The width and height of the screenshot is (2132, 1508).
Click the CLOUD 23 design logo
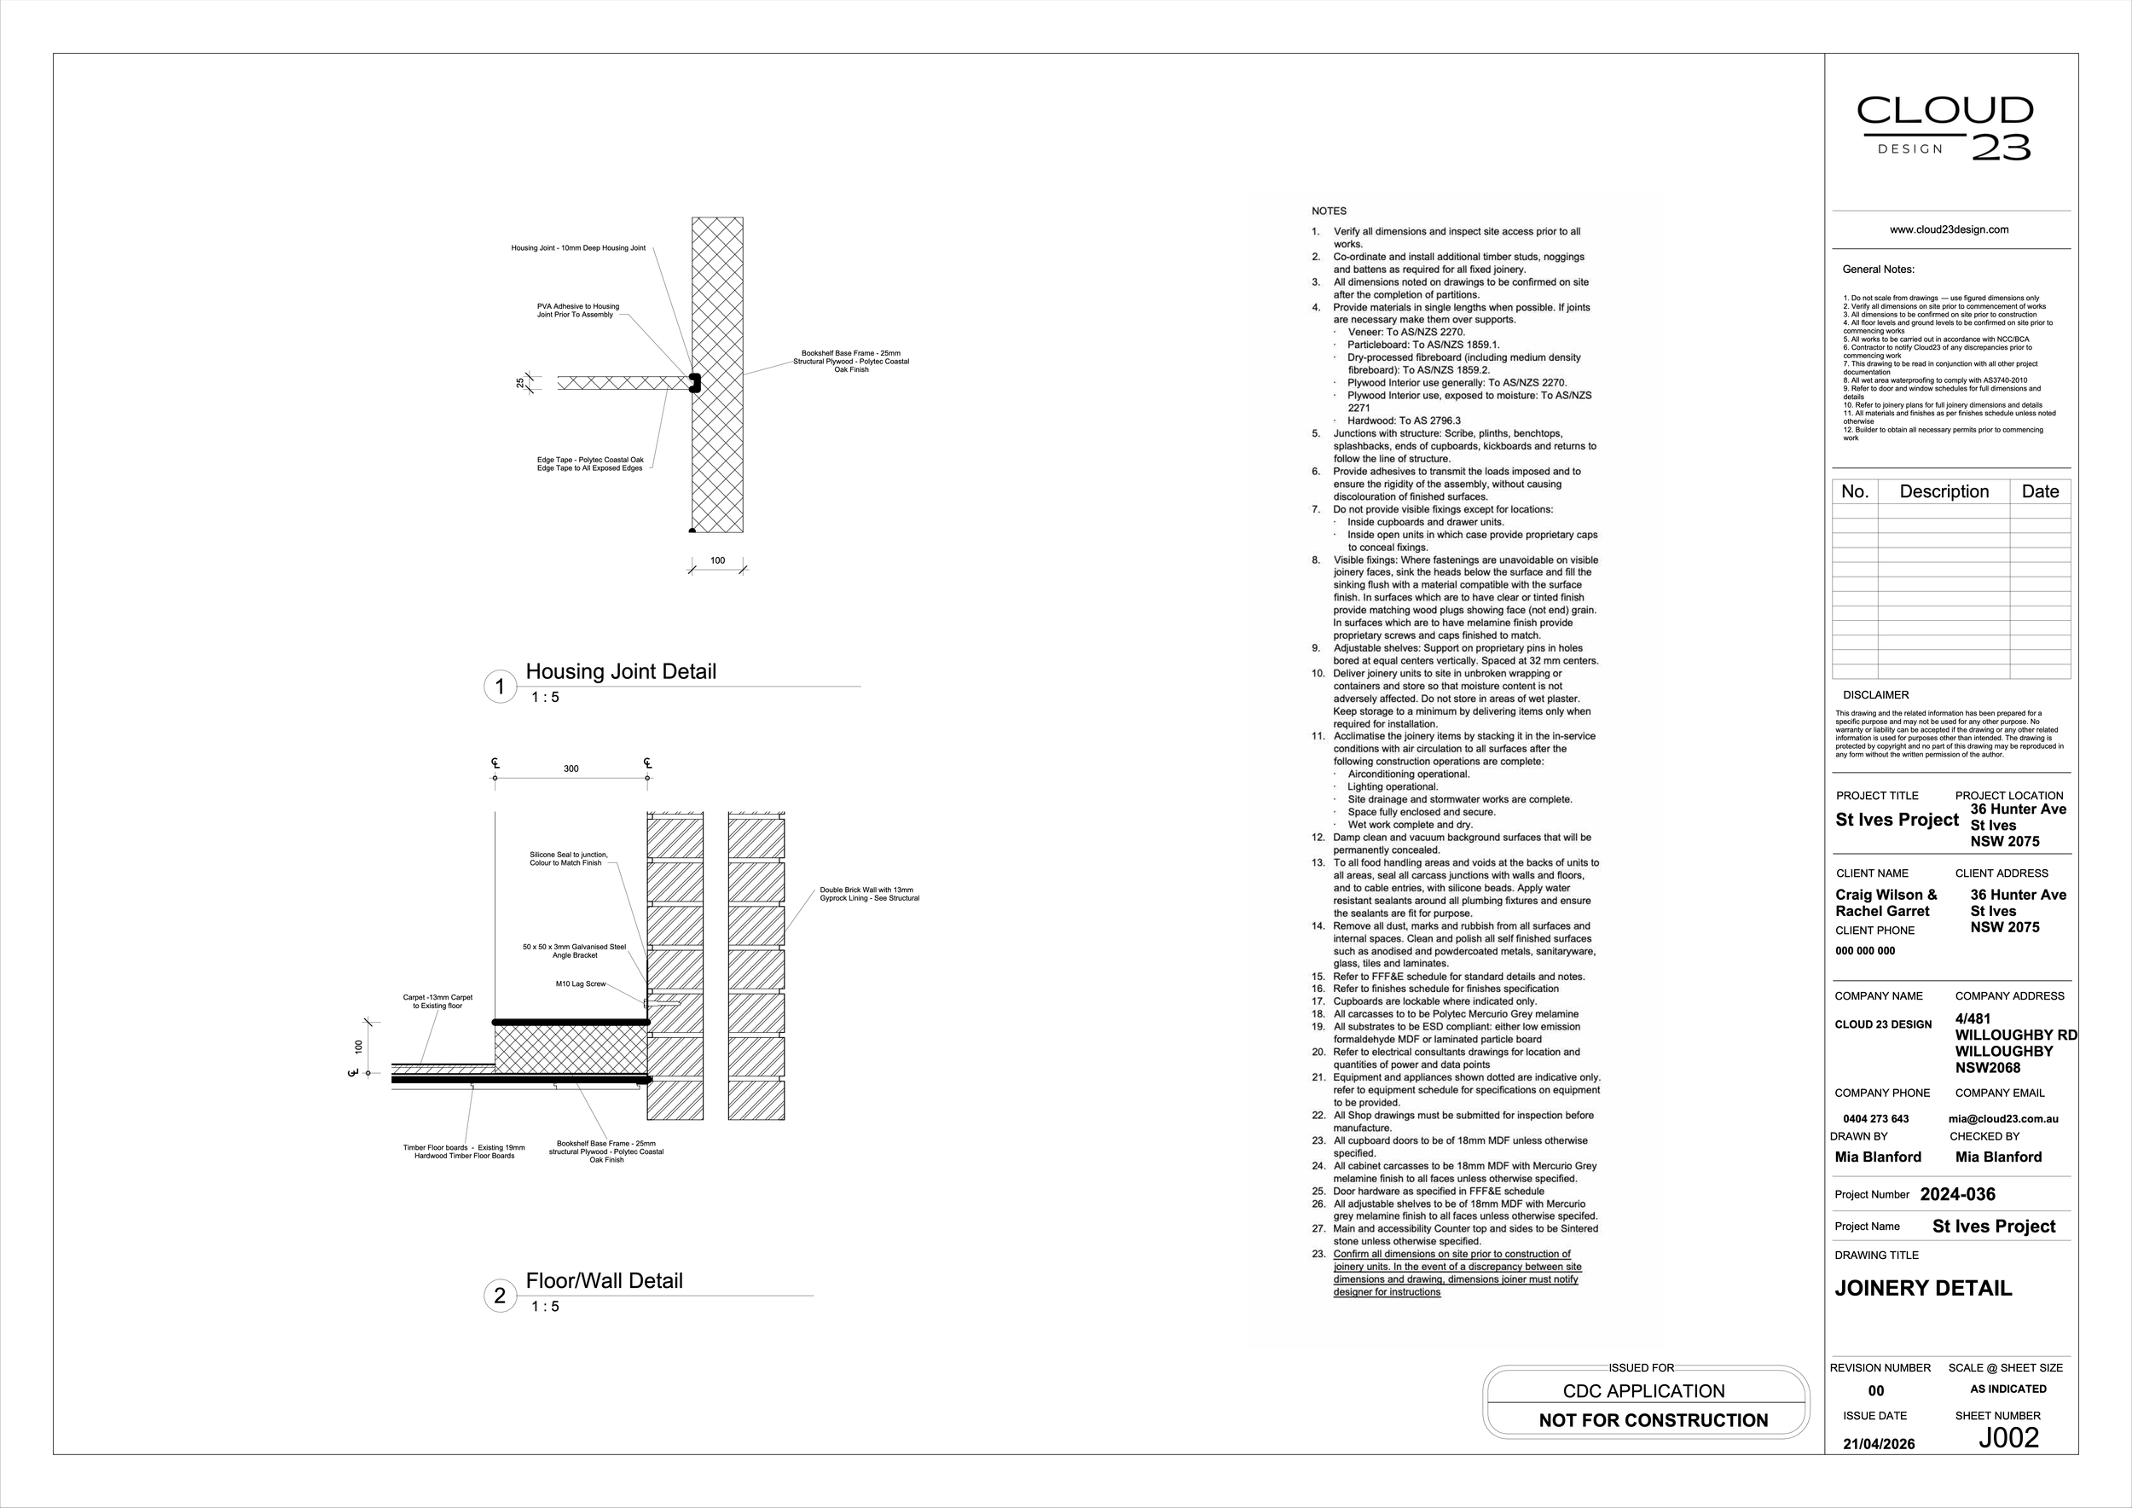[x=1944, y=128]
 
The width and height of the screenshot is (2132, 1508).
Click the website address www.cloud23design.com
[x=1949, y=229]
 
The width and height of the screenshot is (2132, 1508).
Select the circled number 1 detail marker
[x=500, y=687]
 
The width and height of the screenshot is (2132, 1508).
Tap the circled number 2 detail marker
[x=500, y=1296]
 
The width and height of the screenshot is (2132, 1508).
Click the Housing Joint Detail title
[x=620, y=671]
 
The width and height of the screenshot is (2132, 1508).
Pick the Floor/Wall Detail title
[x=604, y=1280]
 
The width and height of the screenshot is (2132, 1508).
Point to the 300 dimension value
[x=571, y=768]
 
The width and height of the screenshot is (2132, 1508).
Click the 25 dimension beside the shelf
[x=520, y=383]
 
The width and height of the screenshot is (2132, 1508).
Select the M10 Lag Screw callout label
[x=581, y=984]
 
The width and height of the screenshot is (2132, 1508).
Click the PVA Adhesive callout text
[x=577, y=310]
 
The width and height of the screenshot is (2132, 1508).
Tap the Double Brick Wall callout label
[x=868, y=894]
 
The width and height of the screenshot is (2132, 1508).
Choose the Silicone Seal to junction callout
[x=568, y=859]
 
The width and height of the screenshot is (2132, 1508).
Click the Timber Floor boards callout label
[x=463, y=1151]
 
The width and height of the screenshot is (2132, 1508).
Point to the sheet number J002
[x=2008, y=1437]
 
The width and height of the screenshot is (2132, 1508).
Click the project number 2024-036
[x=1957, y=1194]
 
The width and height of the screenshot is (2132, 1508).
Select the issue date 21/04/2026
[x=1879, y=1444]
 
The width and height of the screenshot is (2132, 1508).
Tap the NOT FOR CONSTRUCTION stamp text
[x=1653, y=1420]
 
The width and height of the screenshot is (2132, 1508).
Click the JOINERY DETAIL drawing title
[x=1922, y=1288]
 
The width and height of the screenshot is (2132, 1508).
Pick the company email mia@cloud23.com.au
[x=2003, y=1119]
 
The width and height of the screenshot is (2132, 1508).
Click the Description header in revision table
[x=1944, y=491]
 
